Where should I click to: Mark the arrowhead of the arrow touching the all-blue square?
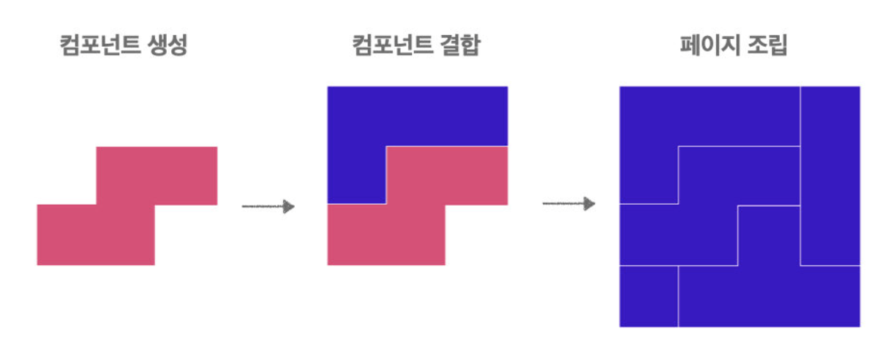pyautogui.click(x=589, y=203)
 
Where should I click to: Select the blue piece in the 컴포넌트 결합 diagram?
pyautogui.click(x=417, y=116)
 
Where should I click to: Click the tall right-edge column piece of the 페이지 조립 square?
pyautogui.click(x=830, y=176)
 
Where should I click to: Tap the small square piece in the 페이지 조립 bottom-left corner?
pyautogui.click(x=648, y=296)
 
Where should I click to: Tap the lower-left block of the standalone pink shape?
pyautogui.click(x=95, y=235)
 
